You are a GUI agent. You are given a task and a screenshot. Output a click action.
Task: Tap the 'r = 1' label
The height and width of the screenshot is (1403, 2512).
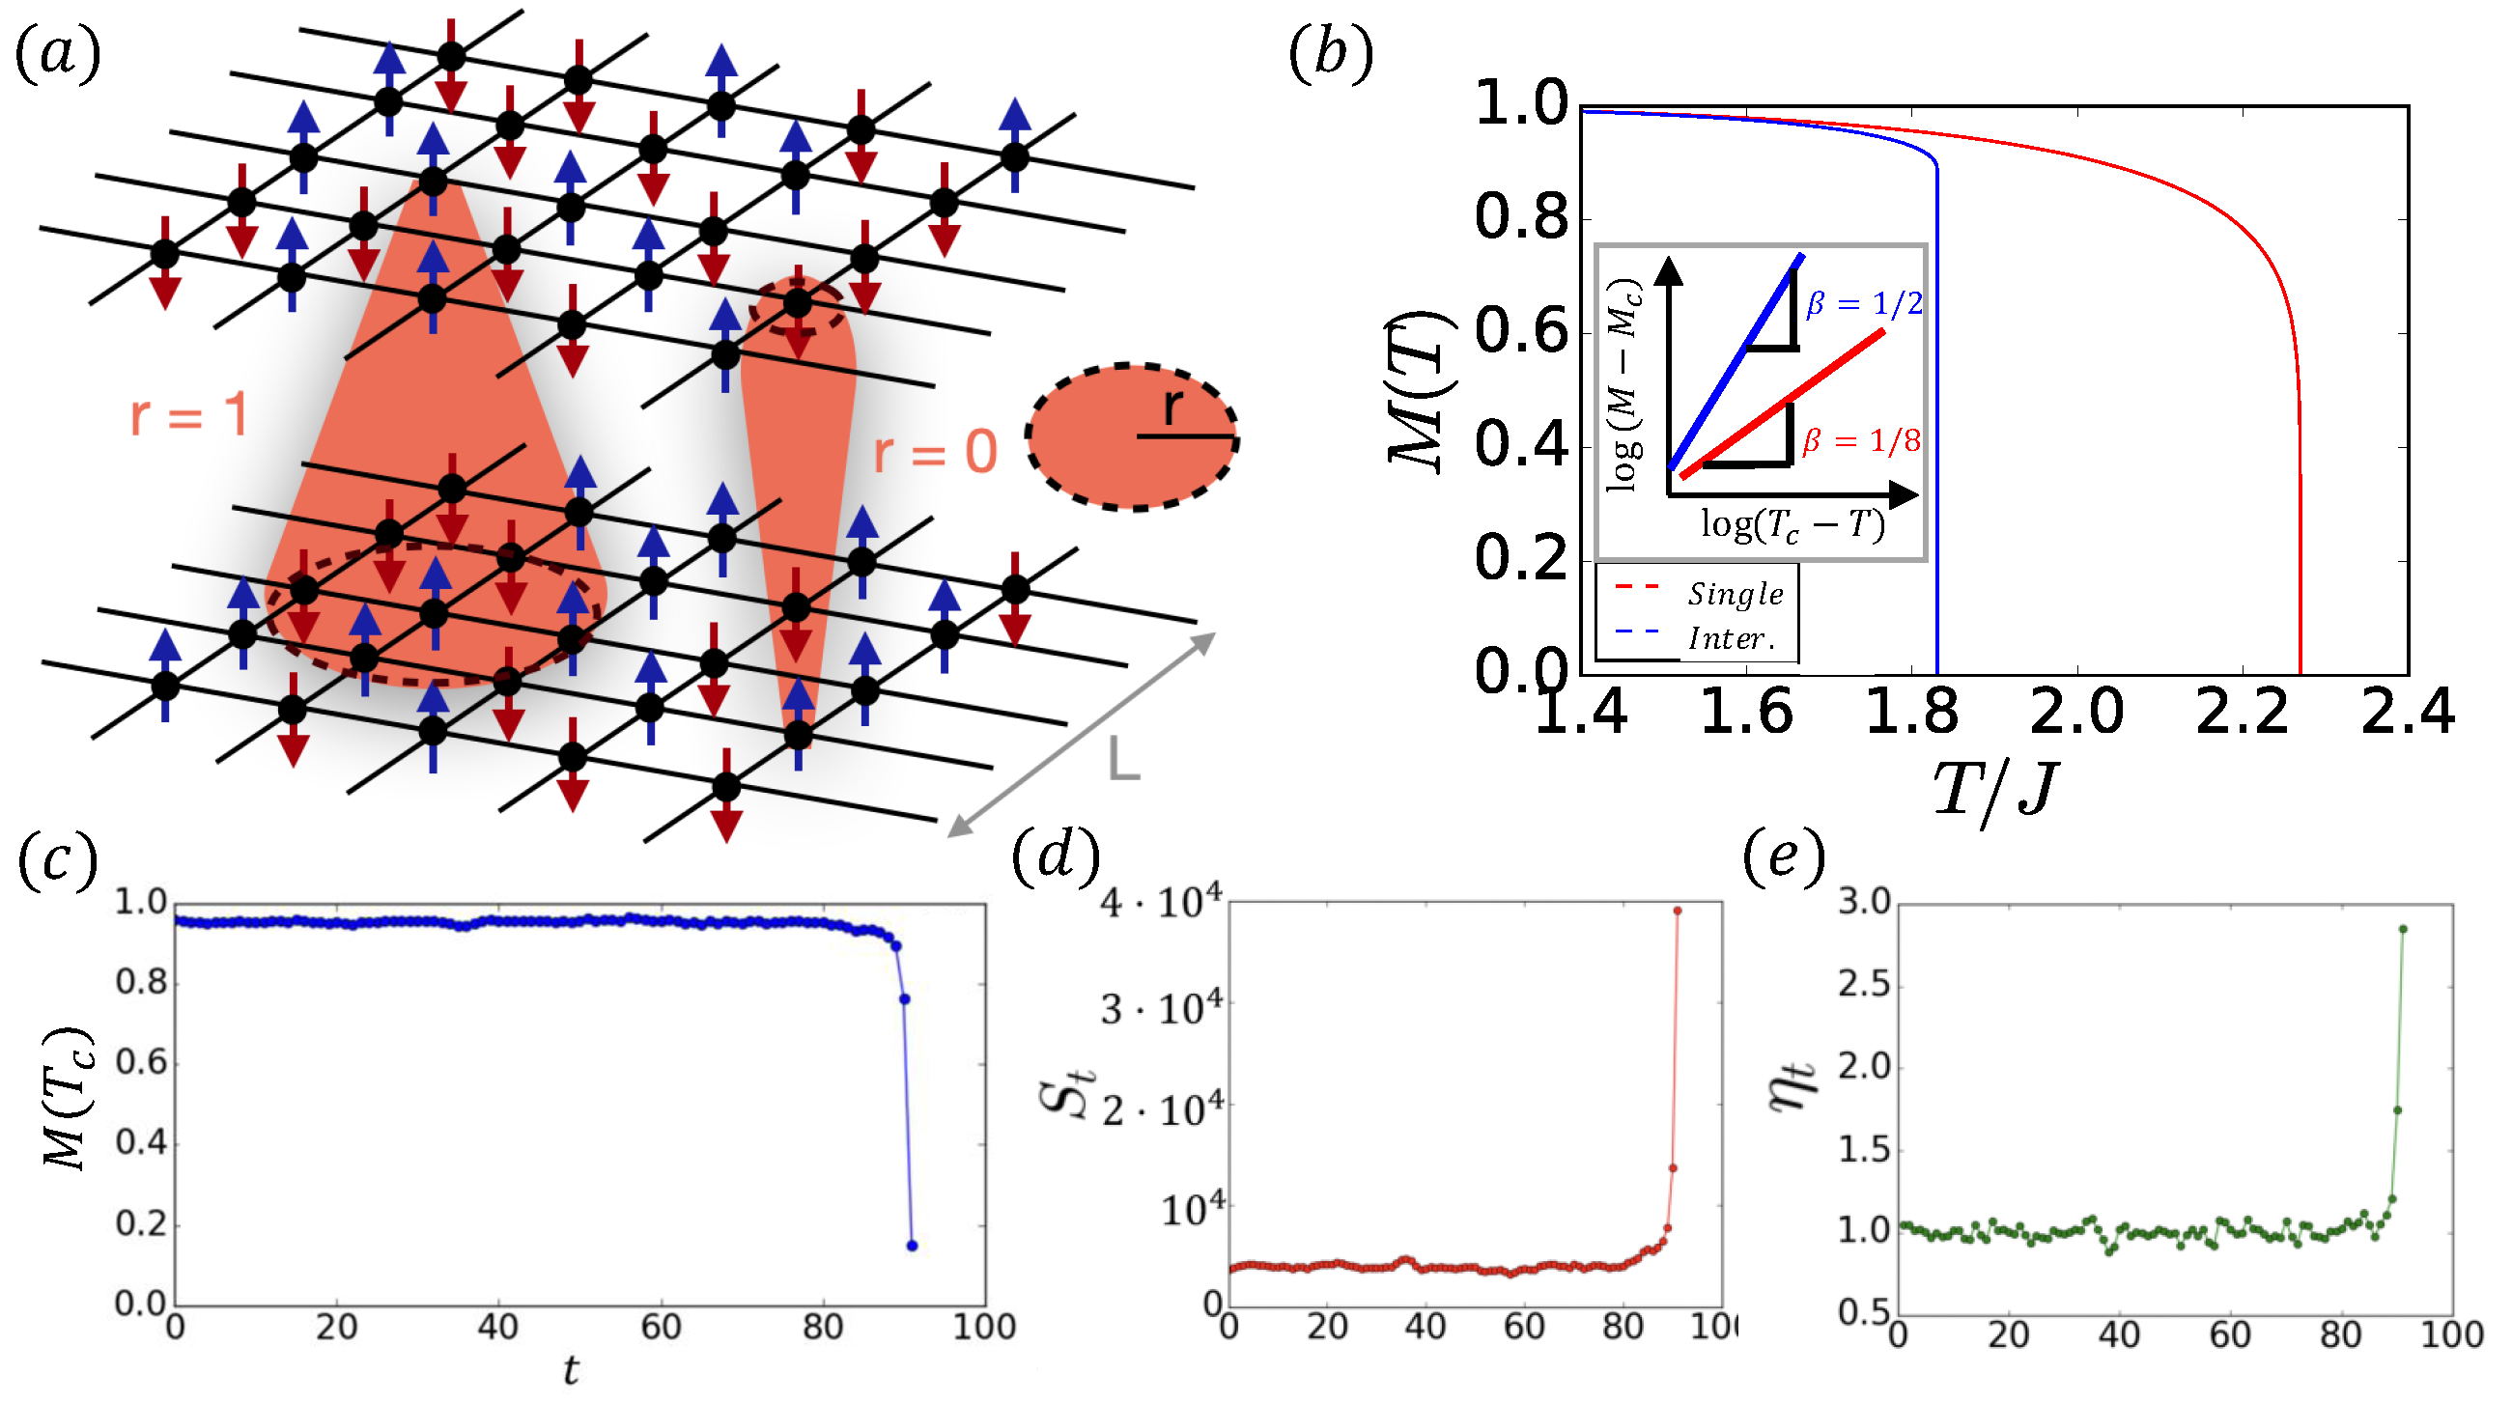point(190,416)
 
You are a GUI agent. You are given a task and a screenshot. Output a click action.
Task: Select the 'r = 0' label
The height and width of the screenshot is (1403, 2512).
point(935,453)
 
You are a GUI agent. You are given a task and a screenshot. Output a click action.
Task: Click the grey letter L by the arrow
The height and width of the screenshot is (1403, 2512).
point(1124,759)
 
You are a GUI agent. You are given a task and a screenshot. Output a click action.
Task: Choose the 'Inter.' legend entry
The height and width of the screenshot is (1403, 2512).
point(1730,638)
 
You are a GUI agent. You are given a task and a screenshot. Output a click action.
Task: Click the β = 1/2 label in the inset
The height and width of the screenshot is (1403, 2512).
point(1864,304)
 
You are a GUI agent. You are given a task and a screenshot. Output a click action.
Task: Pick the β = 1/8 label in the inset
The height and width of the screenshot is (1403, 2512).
point(1861,441)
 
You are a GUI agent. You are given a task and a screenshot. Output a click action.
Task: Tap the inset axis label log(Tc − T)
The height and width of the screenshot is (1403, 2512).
point(1792,526)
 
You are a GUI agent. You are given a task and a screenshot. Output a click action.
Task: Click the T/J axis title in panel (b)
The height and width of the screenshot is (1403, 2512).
point(1995,790)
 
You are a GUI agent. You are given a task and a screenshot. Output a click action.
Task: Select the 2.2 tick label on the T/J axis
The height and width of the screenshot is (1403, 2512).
point(2241,712)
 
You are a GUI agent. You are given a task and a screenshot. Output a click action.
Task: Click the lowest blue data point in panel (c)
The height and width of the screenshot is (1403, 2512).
point(912,1246)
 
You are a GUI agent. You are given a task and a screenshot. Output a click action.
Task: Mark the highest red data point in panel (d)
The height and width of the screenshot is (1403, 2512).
point(1678,912)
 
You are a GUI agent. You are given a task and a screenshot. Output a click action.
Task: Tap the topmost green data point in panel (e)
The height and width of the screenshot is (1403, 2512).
point(2403,929)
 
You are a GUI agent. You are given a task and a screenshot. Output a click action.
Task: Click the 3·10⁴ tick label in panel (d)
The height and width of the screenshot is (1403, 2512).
point(1161,1007)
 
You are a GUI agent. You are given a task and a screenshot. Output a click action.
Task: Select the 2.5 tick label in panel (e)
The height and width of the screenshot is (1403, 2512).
point(1864,985)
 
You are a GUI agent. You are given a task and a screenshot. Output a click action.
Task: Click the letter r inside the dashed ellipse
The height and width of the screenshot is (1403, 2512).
point(1173,407)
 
